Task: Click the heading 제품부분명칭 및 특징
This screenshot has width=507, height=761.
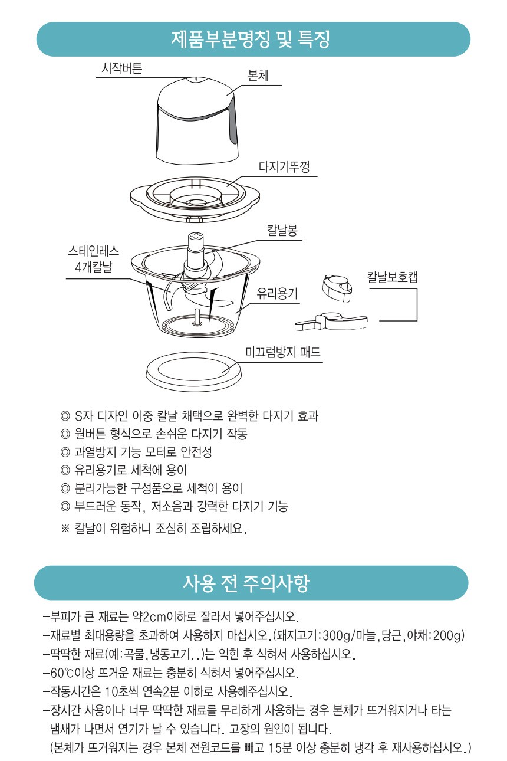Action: click(251, 40)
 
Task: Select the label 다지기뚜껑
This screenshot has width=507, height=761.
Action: click(284, 167)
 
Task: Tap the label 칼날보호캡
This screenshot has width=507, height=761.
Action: click(392, 277)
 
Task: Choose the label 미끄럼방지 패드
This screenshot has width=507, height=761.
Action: click(283, 353)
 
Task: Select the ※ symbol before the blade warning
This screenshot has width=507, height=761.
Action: click(65, 527)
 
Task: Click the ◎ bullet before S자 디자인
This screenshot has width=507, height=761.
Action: click(65, 416)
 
